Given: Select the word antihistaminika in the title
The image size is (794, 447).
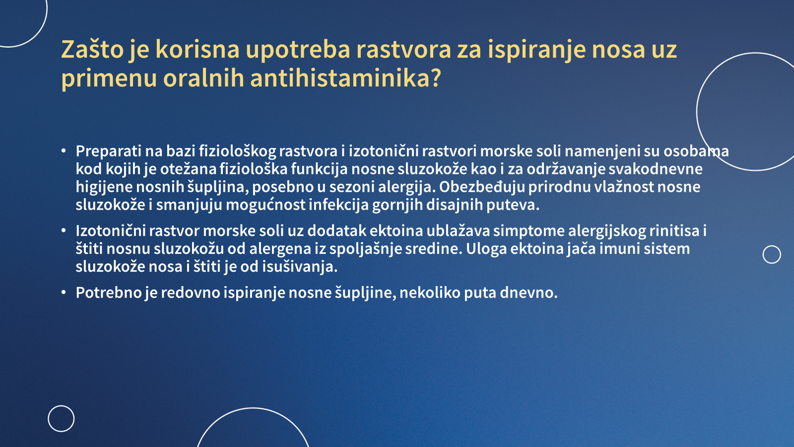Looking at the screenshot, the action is click(x=345, y=78).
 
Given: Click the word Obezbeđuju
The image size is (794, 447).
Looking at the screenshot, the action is click(x=482, y=187).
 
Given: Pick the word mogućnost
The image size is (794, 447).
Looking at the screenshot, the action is click(x=265, y=205).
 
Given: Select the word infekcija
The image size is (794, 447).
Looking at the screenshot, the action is click(x=338, y=205).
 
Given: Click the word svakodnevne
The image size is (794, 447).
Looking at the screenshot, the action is click(x=656, y=169).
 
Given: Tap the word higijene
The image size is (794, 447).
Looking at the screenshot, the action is click(x=104, y=187).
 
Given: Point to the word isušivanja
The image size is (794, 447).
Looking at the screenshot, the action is click(x=300, y=267).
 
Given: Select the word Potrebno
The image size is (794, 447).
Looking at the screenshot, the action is click(x=109, y=293).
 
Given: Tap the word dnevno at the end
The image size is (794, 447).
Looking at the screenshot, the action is click(x=529, y=293).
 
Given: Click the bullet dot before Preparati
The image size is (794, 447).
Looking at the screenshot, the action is click(x=64, y=151).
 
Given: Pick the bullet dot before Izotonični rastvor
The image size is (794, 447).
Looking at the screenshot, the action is click(x=64, y=231).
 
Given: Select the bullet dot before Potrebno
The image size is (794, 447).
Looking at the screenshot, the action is click(x=64, y=293).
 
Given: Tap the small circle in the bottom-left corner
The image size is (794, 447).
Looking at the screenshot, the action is click(x=48, y=419).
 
